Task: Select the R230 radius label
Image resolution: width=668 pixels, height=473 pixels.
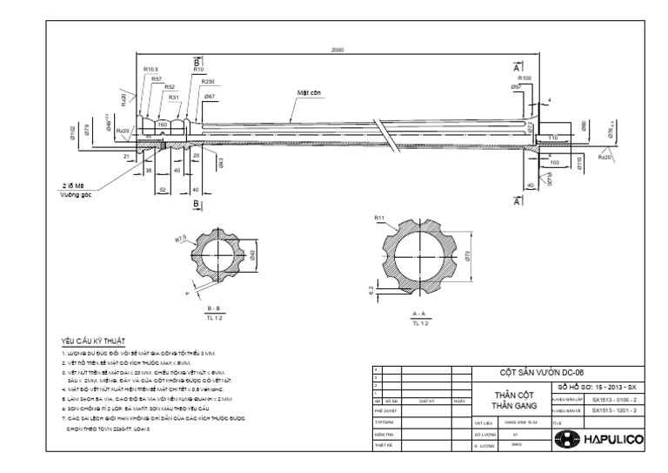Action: click(207, 82)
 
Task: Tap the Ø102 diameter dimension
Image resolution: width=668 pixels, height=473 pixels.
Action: click(72, 132)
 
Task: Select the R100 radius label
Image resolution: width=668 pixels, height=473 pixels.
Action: click(525, 78)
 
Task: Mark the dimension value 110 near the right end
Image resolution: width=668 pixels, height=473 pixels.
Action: click(553, 138)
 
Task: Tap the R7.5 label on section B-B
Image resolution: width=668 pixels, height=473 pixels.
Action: click(181, 237)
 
